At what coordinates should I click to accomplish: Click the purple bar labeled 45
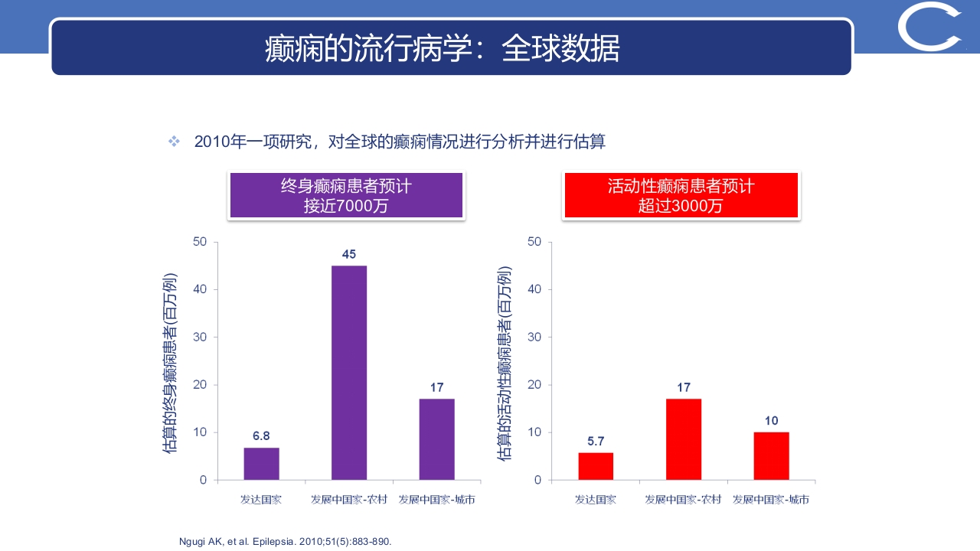(x=349, y=373)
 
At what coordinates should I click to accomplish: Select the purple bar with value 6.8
(x=261, y=464)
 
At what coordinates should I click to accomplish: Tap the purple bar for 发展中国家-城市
(x=436, y=439)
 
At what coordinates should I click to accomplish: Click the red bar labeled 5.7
(x=596, y=466)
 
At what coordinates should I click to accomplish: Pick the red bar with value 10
(x=771, y=456)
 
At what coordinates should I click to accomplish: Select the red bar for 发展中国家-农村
(x=684, y=439)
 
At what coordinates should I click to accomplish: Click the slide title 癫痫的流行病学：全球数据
(x=443, y=49)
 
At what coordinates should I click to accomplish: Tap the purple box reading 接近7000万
(x=346, y=196)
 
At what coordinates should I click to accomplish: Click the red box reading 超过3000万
(x=681, y=196)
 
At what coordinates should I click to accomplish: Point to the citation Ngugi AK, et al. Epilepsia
(x=285, y=542)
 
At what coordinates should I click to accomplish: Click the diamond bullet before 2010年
(x=174, y=142)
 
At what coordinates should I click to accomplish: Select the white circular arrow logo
(x=930, y=28)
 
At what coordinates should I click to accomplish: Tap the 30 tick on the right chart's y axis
(x=534, y=337)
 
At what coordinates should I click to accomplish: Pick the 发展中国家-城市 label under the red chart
(x=771, y=500)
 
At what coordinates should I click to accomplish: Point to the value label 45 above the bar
(x=349, y=254)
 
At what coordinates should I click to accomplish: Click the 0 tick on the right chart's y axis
(x=537, y=480)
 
